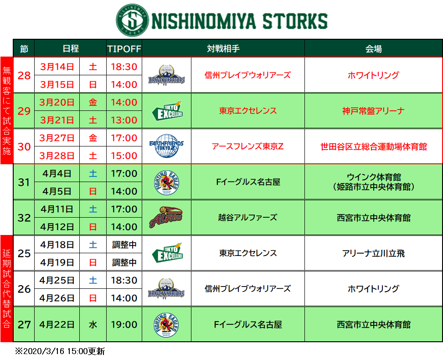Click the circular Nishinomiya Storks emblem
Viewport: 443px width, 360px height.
pos(132,20)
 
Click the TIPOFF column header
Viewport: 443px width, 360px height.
pos(124,49)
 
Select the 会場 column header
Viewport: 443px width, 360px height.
pos(374,49)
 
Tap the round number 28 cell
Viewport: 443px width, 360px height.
pos(24,75)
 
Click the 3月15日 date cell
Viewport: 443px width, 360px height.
pos(57,84)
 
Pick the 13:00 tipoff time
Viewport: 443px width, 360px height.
pos(124,120)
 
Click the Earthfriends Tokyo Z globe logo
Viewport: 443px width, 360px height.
pos(167,146)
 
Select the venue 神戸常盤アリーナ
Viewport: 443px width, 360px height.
pos(374,111)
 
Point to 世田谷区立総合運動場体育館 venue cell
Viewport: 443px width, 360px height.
pos(374,146)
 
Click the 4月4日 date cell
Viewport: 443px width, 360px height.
pos(57,173)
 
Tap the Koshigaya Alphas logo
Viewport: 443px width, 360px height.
pos(166,217)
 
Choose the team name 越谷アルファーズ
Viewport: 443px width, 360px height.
pos(248,218)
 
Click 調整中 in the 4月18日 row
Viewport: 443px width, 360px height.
pos(124,245)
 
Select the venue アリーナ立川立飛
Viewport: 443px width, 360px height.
pos(374,253)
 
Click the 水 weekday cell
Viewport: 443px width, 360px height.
pos(93,324)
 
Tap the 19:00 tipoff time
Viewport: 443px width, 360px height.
pos(124,324)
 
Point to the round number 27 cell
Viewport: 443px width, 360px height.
pos(24,324)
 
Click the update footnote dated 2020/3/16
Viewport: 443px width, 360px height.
pos(60,351)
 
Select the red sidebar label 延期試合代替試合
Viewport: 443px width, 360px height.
pos(7,288)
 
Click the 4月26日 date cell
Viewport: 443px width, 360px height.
pos(57,298)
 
